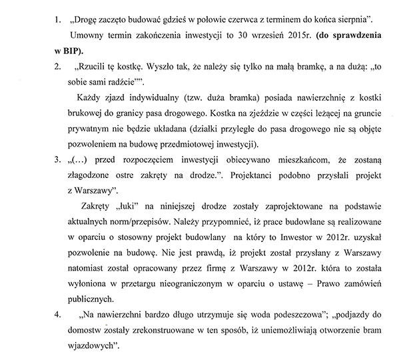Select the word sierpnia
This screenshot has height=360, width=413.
click(x=370, y=14)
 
